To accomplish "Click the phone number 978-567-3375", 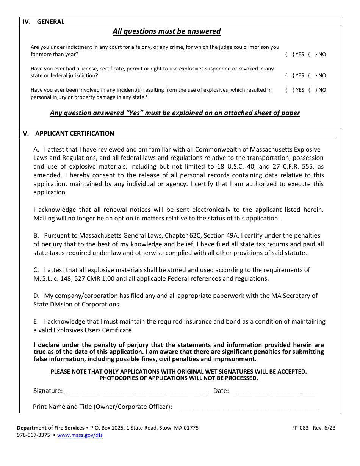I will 33,435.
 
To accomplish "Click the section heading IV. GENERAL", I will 44,22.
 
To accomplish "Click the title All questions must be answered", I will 166,31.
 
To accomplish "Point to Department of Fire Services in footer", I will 51,428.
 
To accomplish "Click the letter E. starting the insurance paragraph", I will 36,322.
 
